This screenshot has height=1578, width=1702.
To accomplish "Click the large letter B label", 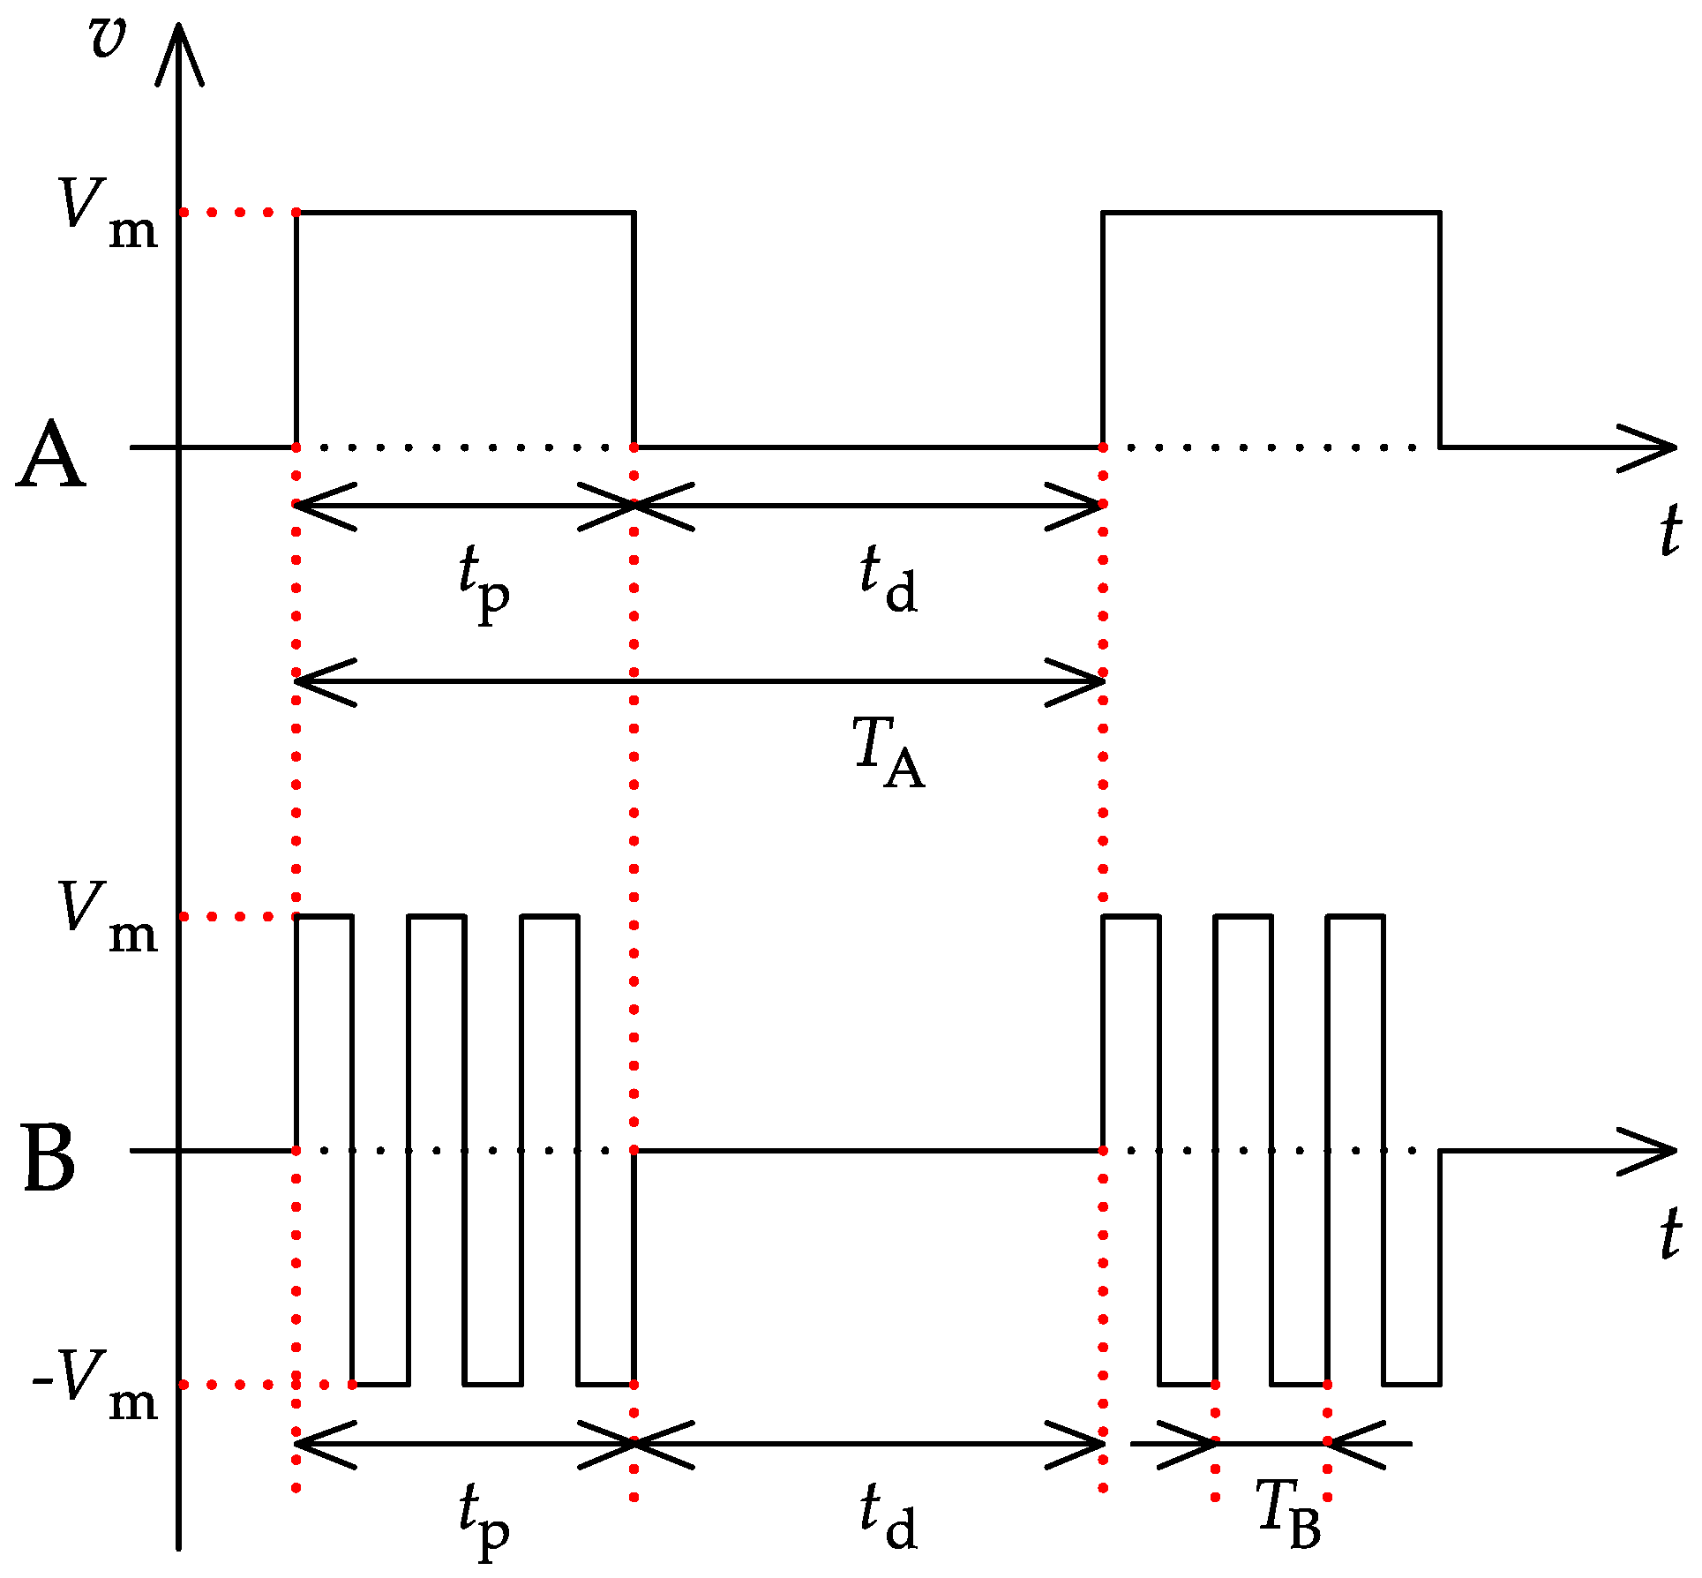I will [x=49, y=1159].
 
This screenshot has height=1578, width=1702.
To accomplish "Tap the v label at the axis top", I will [x=108, y=38].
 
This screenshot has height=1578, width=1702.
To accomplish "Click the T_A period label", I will [x=888, y=752].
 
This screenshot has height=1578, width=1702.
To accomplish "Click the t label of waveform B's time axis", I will [x=1668, y=1233].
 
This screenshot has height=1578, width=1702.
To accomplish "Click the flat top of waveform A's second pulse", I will [x=1271, y=212].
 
